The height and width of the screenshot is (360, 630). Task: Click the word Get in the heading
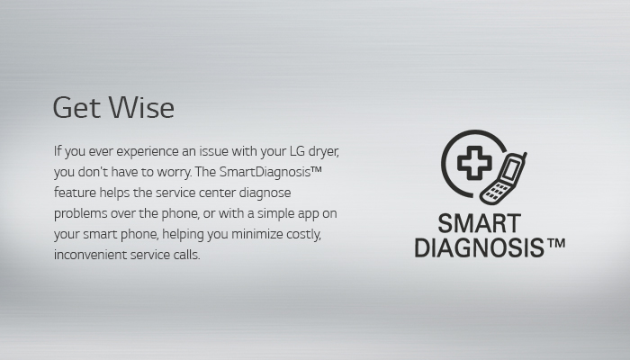coord(76,107)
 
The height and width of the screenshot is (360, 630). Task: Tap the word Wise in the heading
coord(142,107)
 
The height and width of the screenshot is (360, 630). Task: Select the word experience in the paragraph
coord(148,152)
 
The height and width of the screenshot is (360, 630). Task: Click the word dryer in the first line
coord(323,152)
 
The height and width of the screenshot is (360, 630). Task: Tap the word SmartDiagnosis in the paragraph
coord(265,172)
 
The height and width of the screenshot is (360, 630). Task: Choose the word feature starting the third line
coord(75,193)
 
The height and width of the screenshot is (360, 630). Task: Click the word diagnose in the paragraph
coord(265,193)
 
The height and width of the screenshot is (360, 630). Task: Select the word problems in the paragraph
coord(80,214)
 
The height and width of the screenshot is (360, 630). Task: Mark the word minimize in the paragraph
coord(257,234)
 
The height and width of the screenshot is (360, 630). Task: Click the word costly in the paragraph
coord(304,234)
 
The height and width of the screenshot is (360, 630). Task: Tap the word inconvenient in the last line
coord(90,255)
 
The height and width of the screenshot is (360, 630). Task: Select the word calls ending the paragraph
coord(187,255)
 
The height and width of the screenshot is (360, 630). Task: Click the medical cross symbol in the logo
coord(474,163)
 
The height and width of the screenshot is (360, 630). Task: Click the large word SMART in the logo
coord(480,223)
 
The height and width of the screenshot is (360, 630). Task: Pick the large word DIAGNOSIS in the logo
coord(479,247)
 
